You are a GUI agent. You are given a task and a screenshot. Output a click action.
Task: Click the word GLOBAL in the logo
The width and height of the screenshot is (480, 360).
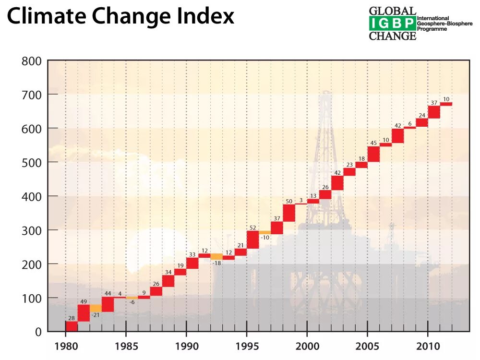coord(392,11)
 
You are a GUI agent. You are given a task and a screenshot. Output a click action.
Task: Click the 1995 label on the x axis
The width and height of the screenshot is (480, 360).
coord(247,347)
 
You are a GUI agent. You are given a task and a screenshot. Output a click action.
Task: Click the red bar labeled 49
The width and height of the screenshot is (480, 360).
coord(84,313)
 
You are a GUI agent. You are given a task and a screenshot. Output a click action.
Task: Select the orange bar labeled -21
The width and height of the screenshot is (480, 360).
coord(96,308)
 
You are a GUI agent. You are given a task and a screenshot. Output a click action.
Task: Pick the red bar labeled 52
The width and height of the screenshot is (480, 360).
coord(252,240)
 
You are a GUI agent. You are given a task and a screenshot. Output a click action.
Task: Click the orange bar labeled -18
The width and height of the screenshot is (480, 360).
coord(216,257)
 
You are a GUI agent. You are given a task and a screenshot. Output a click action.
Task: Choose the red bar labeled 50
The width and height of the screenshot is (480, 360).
coord(289,213)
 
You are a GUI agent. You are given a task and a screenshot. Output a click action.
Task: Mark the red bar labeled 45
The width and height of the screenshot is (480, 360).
coord(373,154)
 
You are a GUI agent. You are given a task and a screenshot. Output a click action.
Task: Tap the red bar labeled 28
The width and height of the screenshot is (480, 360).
coord(72,326)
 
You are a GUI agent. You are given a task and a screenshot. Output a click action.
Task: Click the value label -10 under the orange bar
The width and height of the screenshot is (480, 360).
coord(264,238)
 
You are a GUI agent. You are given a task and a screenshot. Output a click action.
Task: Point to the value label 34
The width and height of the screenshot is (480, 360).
coord(168,272)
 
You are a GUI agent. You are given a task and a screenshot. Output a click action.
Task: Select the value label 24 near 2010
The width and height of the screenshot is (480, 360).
coord(422,115)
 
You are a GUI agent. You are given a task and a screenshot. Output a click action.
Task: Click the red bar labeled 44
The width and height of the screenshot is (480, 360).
coord(108,304)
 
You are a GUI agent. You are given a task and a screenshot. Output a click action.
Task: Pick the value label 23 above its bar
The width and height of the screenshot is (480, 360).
coord(349,165)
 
